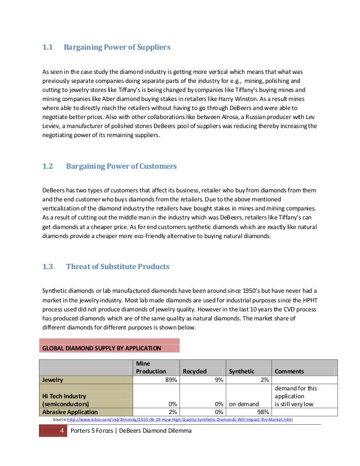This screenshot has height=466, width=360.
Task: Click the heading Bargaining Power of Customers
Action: tap(121, 166)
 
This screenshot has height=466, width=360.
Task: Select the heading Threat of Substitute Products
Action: tap(117, 266)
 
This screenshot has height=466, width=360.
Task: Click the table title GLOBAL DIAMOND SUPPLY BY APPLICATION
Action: tap(102, 348)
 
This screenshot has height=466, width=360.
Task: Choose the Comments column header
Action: tap(289, 371)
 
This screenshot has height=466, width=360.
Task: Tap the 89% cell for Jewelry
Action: tap(169, 380)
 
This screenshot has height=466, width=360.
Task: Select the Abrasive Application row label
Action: tap(67, 412)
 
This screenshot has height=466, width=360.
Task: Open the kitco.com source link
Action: tap(179, 420)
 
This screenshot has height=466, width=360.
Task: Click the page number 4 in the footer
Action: tap(60, 432)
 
